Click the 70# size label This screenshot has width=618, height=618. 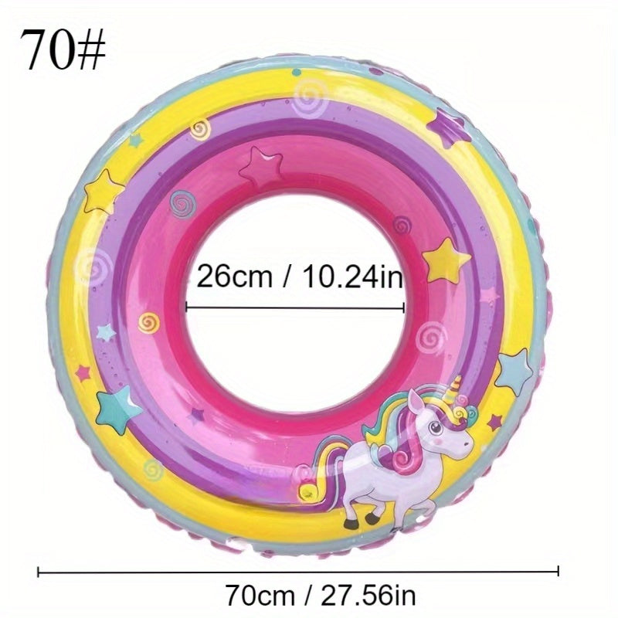[63, 49]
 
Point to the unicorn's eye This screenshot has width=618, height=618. [435, 426]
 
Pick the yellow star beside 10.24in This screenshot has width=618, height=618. [446, 260]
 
